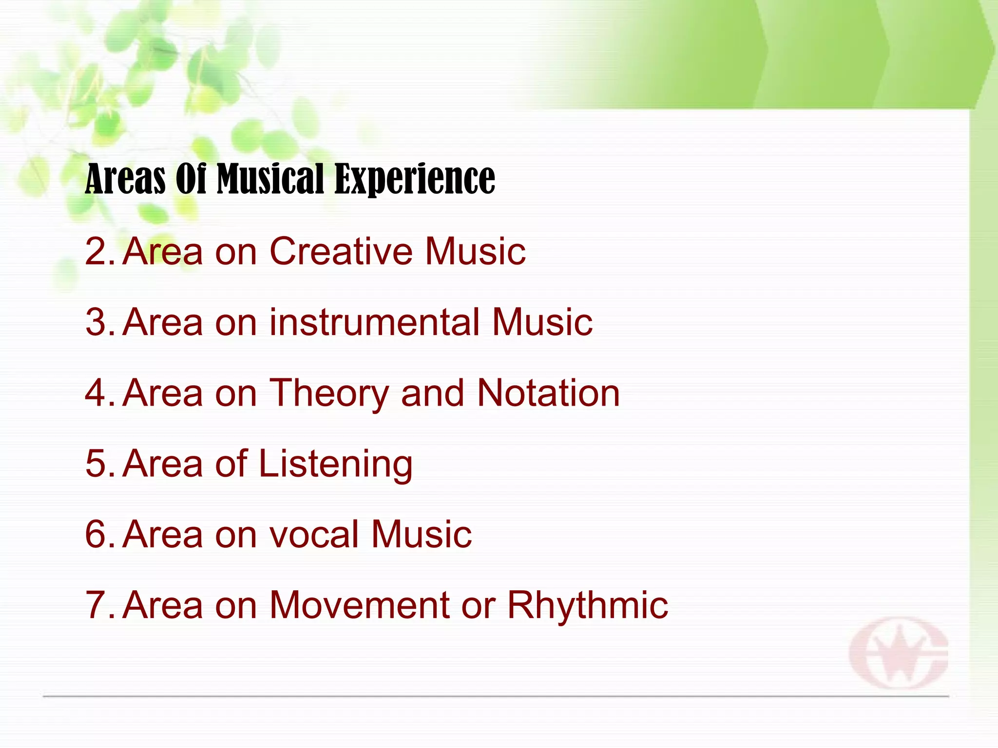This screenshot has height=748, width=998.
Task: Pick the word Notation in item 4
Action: [x=548, y=393]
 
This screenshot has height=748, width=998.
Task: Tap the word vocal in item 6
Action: [x=314, y=534]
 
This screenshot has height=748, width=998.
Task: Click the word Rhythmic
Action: [x=588, y=605]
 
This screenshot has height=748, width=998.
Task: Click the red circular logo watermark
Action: [x=899, y=653]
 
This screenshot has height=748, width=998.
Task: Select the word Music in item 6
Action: [x=422, y=534]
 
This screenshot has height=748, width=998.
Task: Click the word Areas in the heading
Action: [x=125, y=179]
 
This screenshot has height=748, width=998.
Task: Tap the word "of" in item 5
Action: [x=231, y=463]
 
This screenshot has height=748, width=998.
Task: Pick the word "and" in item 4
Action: [x=433, y=393]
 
